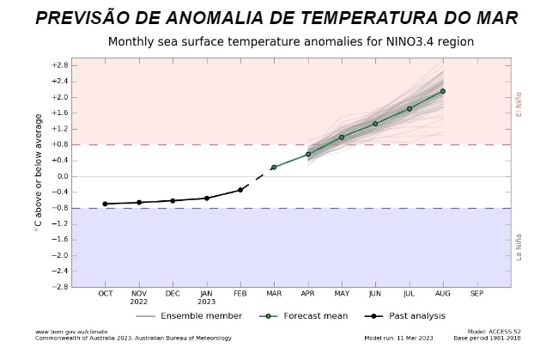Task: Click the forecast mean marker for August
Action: pos(443,91)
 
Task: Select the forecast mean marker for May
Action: pos(342,137)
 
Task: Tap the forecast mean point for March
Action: pos(274,167)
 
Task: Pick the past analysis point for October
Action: pos(105,204)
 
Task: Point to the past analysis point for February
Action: pos(240,190)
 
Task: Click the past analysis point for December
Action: pos(173,200)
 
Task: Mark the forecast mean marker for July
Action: pos(409,108)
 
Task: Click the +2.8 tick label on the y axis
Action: pos(59,65)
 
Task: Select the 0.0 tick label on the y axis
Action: pos(61,176)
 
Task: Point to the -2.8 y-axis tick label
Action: pos(59,286)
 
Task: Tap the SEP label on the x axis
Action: pos(477,295)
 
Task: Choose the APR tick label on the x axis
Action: pos(307,295)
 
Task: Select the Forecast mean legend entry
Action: pos(315,316)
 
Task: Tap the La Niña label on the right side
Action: pos(519,247)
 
